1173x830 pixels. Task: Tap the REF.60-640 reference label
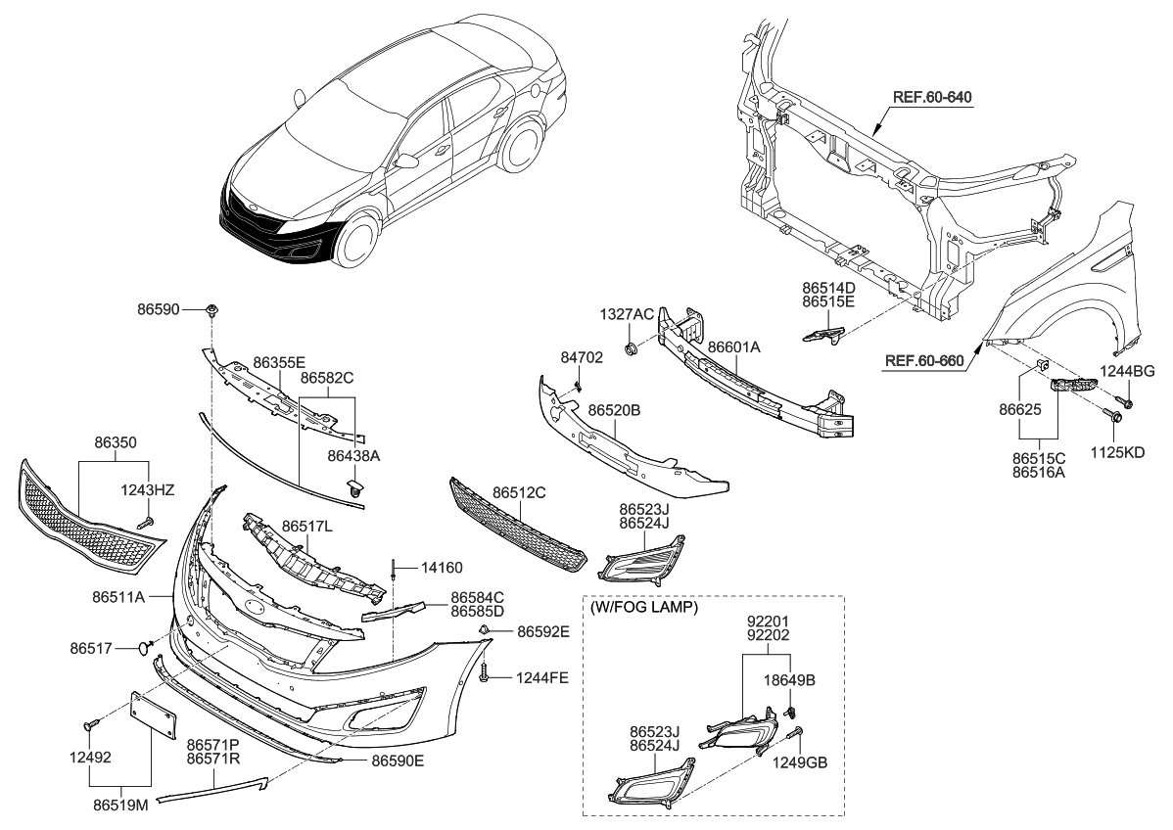click(x=938, y=97)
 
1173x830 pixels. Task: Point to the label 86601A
click(x=733, y=347)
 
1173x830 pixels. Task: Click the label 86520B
click(x=614, y=412)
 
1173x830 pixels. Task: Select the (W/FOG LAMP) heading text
click(x=644, y=608)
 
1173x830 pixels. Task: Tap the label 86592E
click(x=542, y=631)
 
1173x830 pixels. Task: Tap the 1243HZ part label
click(x=147, y=489)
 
